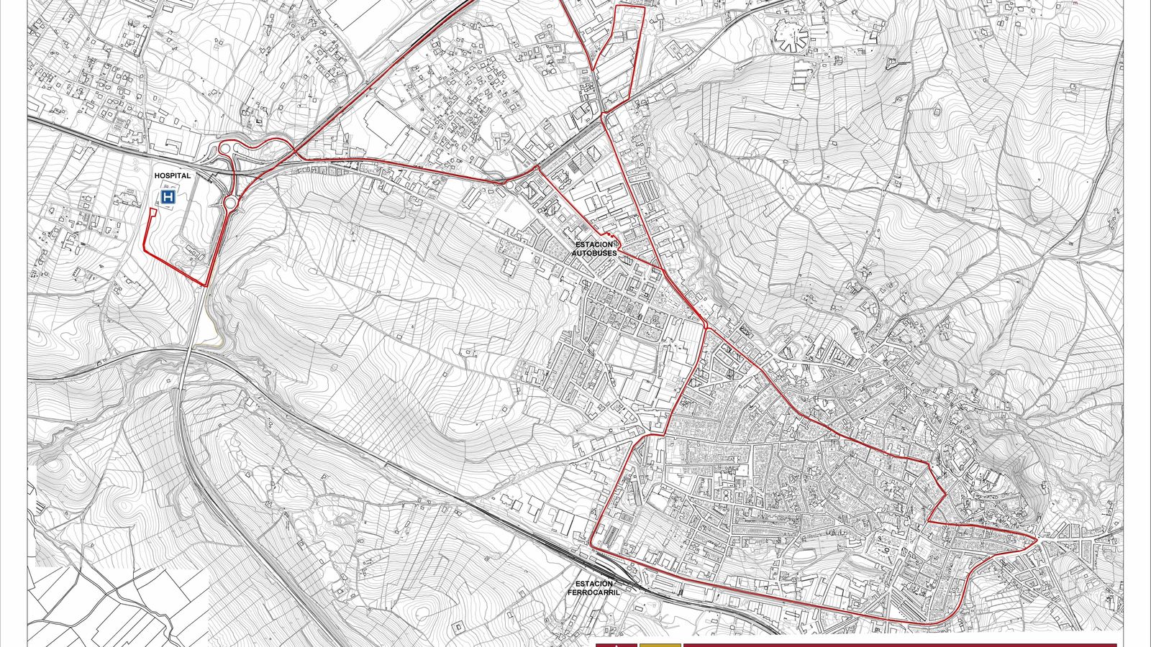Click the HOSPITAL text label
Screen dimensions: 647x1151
(173, 175)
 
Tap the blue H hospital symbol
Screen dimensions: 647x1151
(168, 197)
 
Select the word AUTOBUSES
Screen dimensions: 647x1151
(594, 253)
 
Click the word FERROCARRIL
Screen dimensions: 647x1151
(593, 592)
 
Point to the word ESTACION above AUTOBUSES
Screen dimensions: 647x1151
(594, 244)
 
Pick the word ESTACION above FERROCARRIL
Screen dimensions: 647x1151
(594, 584)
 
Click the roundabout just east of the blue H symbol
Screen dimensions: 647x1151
(230, 203)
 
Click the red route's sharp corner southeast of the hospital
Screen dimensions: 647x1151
(206, 285)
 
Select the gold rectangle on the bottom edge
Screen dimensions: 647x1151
(660, 645)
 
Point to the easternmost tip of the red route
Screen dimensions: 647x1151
(1037, 538)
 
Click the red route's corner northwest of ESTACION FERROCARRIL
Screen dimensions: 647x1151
(591, 543)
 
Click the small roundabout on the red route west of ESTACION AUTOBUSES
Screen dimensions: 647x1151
(510, 185)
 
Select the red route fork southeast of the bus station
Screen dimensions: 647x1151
(706, 327)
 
